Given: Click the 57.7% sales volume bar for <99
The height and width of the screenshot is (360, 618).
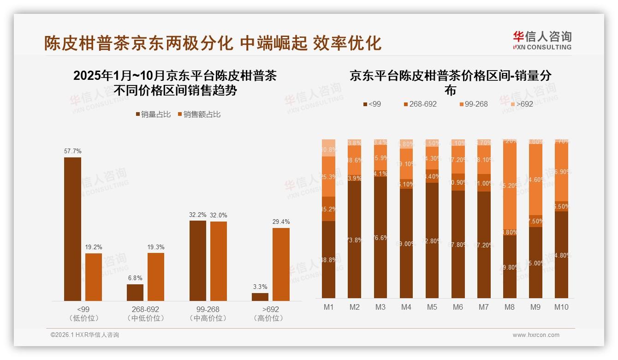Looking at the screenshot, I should click(x=72, y=229).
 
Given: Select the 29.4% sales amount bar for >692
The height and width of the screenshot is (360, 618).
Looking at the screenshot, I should click(x=281, y=264).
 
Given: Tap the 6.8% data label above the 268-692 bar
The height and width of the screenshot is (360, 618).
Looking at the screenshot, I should click(x=135, y=278).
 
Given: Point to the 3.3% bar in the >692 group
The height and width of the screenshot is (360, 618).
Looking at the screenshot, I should click(x=260, y=297).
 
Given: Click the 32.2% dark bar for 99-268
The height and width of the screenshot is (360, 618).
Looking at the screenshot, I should click(x=198, y=260).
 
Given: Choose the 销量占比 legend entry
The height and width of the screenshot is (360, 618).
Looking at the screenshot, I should click(x=153, y=114).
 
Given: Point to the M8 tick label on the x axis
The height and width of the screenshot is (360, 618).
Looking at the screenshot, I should click(x=510, y=307).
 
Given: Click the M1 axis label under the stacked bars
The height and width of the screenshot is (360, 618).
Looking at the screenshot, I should click(x=328, y=307).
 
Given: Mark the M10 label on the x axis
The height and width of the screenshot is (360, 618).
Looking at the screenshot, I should click(x=561, y=307).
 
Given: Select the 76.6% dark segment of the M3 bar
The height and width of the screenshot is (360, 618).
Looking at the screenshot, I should click(x=380, y=238).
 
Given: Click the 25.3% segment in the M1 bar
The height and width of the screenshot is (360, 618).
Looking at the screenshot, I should click(x=328, y=176).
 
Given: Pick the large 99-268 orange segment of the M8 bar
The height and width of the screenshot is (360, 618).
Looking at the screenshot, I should click(x=510, y=187).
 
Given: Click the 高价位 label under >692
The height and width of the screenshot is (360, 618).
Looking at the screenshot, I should click(x=268, y=318).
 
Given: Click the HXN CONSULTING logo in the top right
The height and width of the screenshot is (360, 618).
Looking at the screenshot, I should click(x=542, y=40).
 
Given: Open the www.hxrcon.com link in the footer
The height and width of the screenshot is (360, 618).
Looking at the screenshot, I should click(x=536, y=335).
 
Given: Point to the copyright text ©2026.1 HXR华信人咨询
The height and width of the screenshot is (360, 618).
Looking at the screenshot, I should click(x=85, y=335).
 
